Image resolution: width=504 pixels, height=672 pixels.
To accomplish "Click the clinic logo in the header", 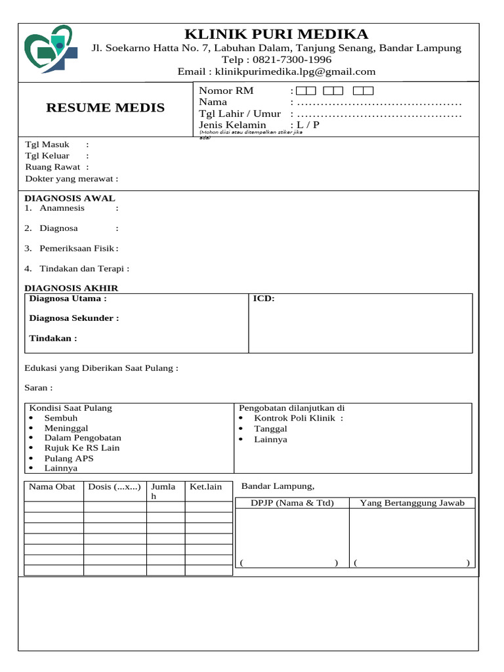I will point(51,49).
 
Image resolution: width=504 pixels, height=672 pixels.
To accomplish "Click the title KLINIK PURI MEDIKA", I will point(276,34).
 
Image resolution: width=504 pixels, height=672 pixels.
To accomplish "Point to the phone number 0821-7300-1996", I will point(289,60).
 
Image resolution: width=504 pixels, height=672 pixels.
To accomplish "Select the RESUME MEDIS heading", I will point(106,108).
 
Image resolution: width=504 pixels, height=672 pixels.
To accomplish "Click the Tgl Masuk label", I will point(47,144).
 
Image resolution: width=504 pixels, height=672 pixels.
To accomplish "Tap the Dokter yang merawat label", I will point(72,178).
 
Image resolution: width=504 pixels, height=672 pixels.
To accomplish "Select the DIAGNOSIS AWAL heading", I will point(70,198).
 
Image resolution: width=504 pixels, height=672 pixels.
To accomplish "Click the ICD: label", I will point(264,299).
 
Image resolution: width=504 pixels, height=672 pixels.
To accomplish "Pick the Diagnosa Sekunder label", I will point(74,318).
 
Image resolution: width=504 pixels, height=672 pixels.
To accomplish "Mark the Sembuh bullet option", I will point(60,418).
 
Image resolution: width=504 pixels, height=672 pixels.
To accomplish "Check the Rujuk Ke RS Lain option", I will point(81,448).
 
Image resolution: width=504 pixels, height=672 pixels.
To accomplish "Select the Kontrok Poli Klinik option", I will point(294,418).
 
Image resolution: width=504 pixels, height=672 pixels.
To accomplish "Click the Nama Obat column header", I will point(52,487).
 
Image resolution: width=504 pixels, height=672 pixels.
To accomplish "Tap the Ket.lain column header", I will point(206,487).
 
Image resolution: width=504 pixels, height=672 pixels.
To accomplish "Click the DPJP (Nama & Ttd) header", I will point(293,503).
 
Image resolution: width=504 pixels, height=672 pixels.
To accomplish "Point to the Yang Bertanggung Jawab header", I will point(412,503).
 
